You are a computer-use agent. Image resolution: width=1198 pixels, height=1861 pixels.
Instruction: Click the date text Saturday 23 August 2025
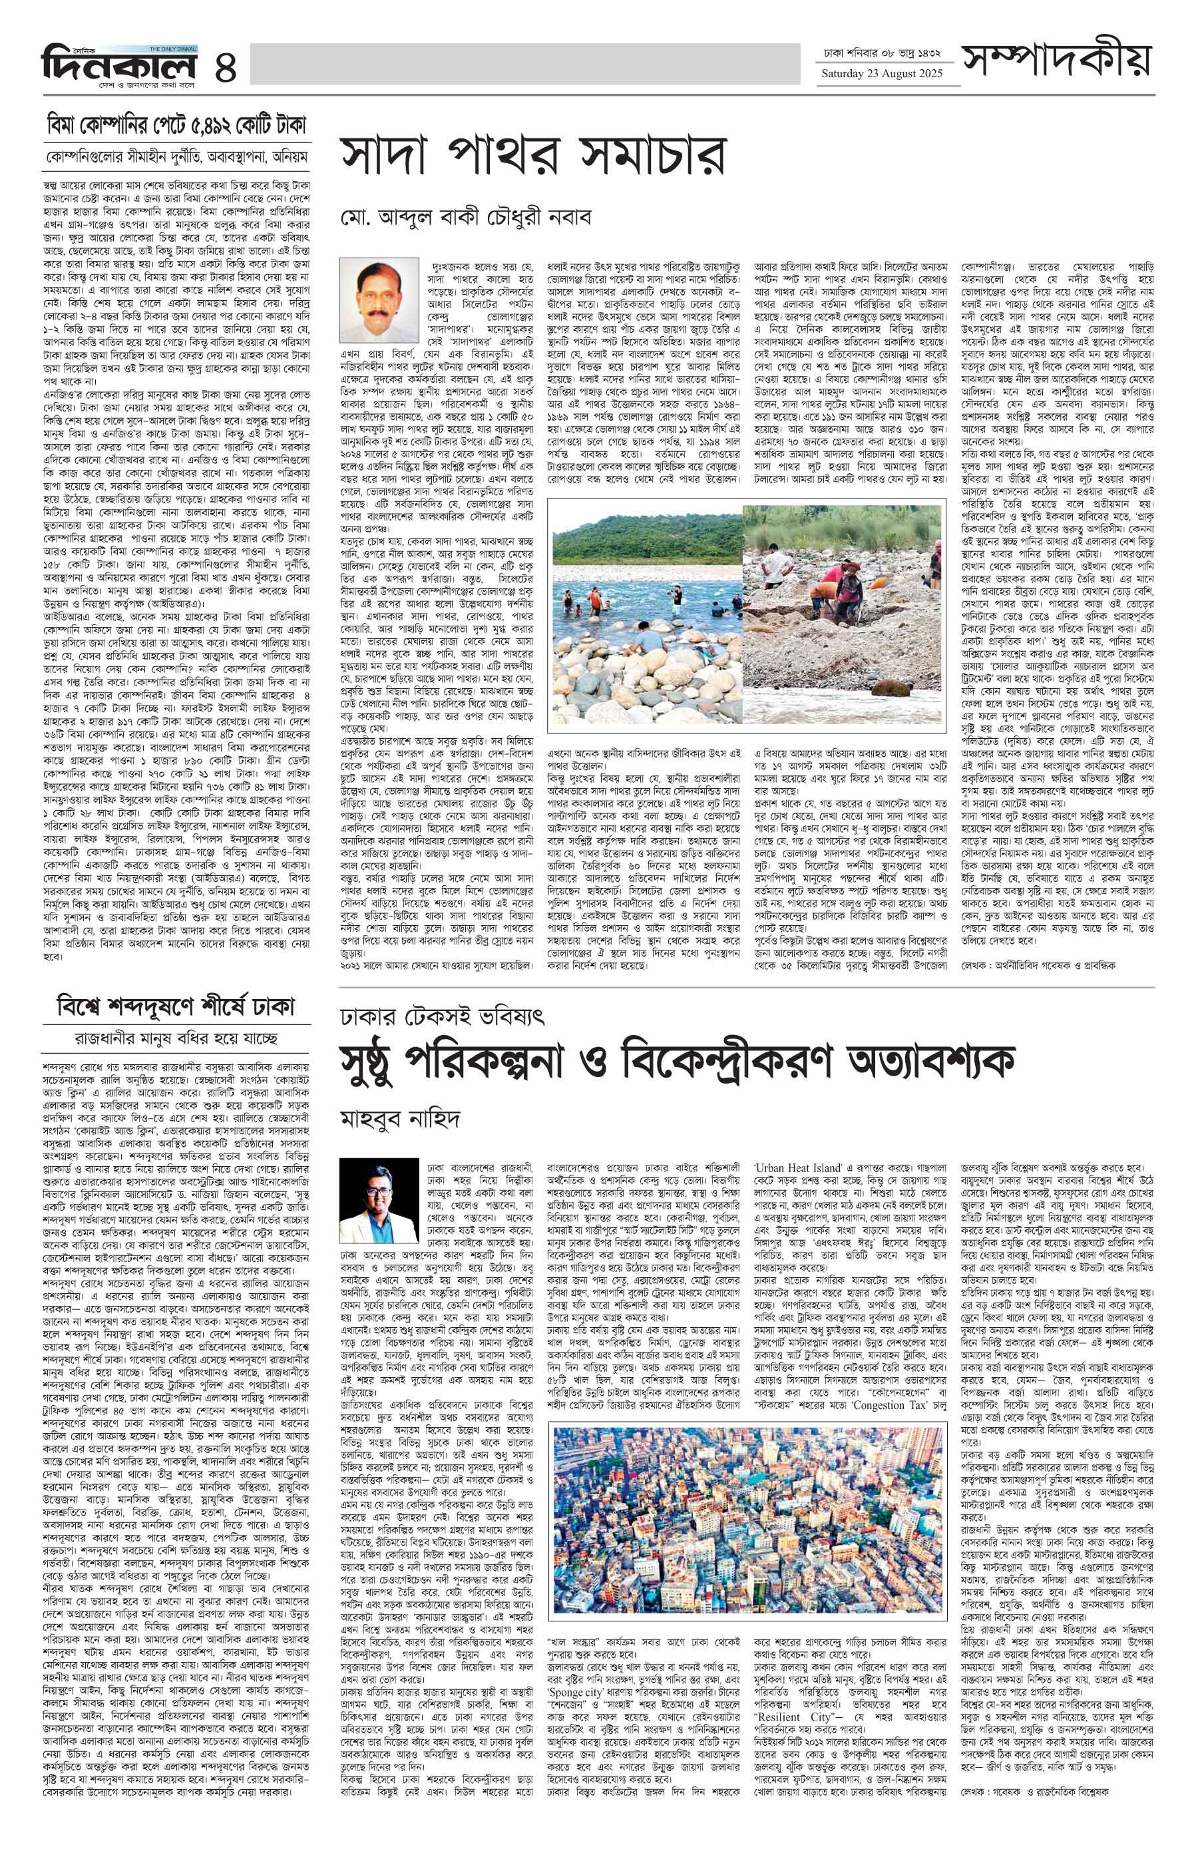click(x=881, y=74)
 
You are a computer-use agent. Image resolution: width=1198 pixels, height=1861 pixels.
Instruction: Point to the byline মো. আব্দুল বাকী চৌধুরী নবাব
click(x=465, y=216)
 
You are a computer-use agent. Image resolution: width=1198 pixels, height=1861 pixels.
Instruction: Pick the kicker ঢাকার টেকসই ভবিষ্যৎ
click(x=442, y=1016)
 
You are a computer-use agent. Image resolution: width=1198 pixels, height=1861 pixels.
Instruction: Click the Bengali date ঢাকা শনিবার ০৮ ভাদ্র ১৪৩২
click(x=882, y=55)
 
